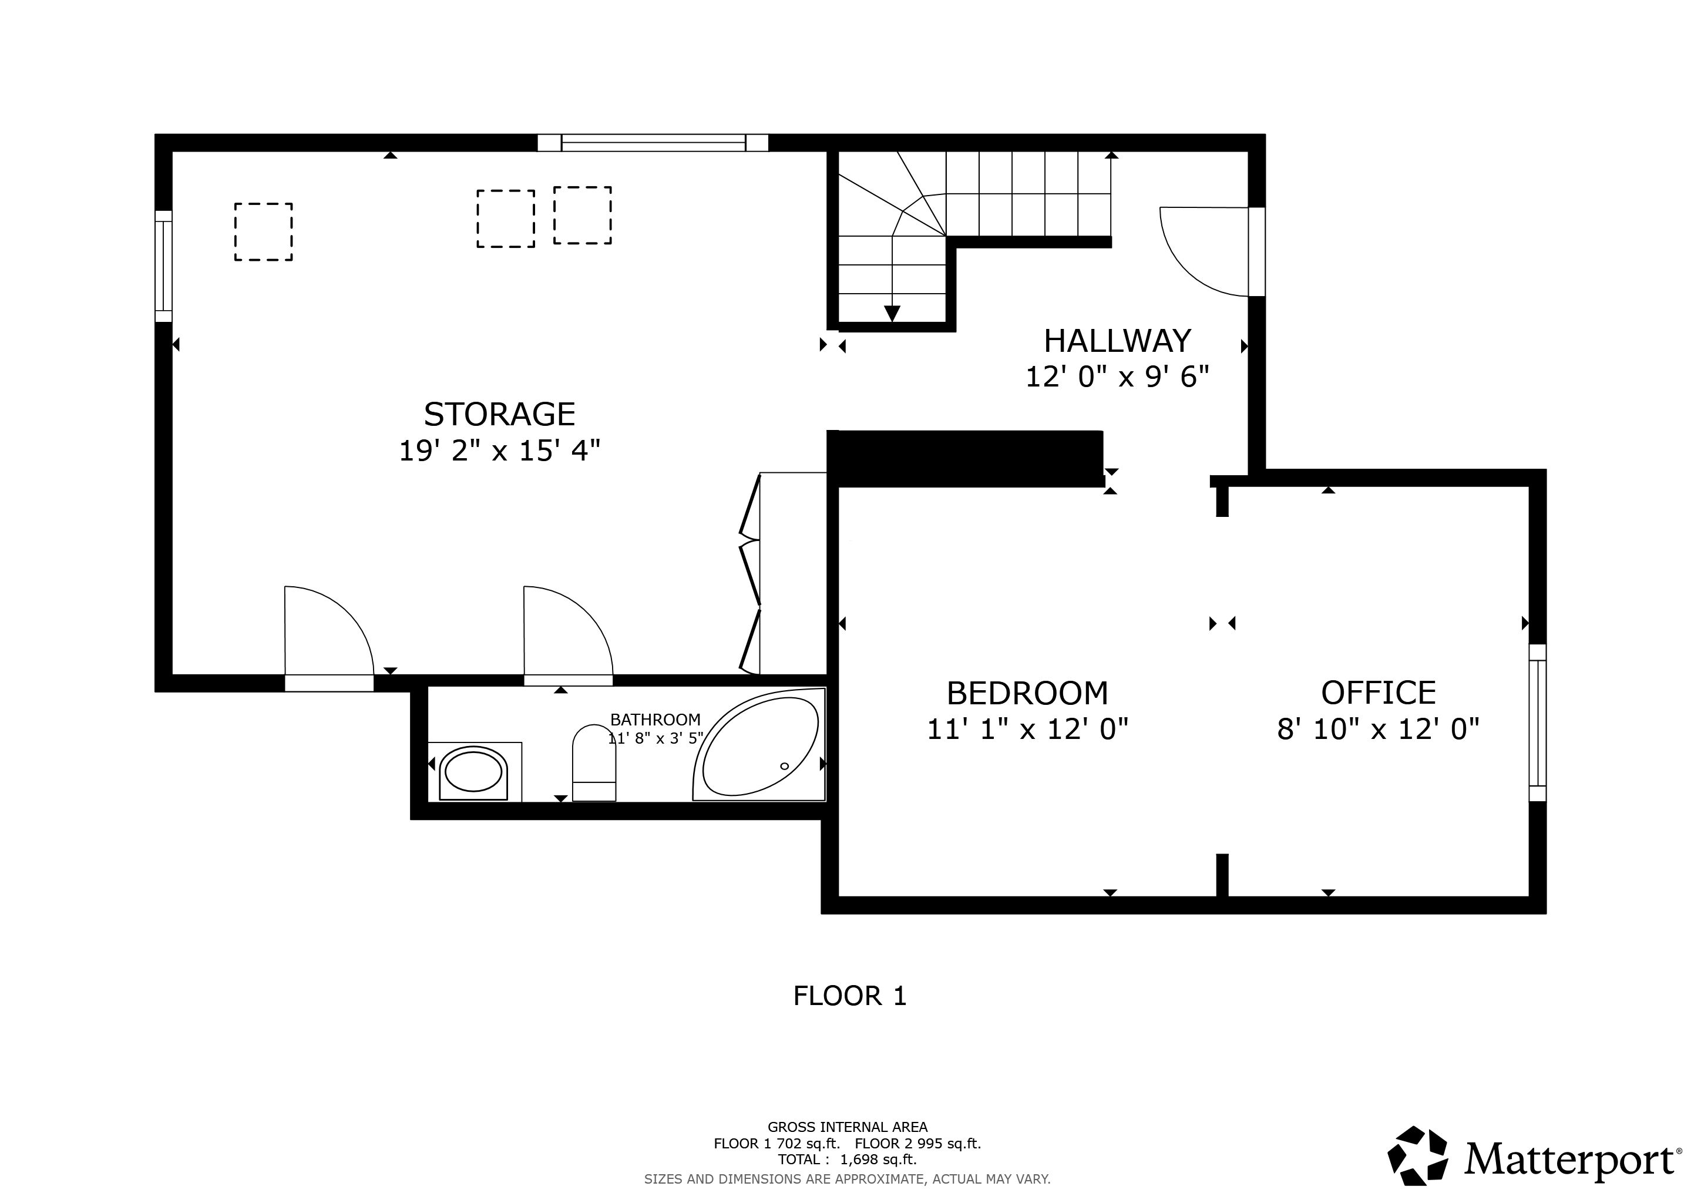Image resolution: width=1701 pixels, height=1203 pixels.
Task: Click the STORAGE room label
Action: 499,414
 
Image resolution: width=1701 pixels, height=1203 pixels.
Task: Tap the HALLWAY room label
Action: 1117,341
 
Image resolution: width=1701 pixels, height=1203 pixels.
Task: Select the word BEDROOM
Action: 1027,693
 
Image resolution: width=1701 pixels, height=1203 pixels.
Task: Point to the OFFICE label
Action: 1379,693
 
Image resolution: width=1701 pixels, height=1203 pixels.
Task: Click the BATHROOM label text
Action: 655,720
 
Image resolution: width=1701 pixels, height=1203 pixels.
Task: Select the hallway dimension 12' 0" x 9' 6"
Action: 1117,377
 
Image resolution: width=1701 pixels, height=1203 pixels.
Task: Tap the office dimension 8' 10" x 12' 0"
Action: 1379,730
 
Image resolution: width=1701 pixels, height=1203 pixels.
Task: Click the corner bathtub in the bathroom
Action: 759,744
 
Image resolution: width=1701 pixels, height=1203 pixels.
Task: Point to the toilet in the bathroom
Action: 594,762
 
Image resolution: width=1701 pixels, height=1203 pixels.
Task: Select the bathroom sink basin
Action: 473,772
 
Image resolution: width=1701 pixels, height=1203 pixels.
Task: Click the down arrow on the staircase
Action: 892,313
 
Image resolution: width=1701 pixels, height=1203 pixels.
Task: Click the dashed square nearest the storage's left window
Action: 264,232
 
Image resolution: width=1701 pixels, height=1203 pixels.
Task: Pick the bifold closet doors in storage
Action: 749,573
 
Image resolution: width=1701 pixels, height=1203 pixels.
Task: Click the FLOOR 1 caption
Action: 850,996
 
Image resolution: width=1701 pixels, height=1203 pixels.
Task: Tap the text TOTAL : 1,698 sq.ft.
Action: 848,1160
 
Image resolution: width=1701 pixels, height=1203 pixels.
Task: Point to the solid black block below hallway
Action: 966,459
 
